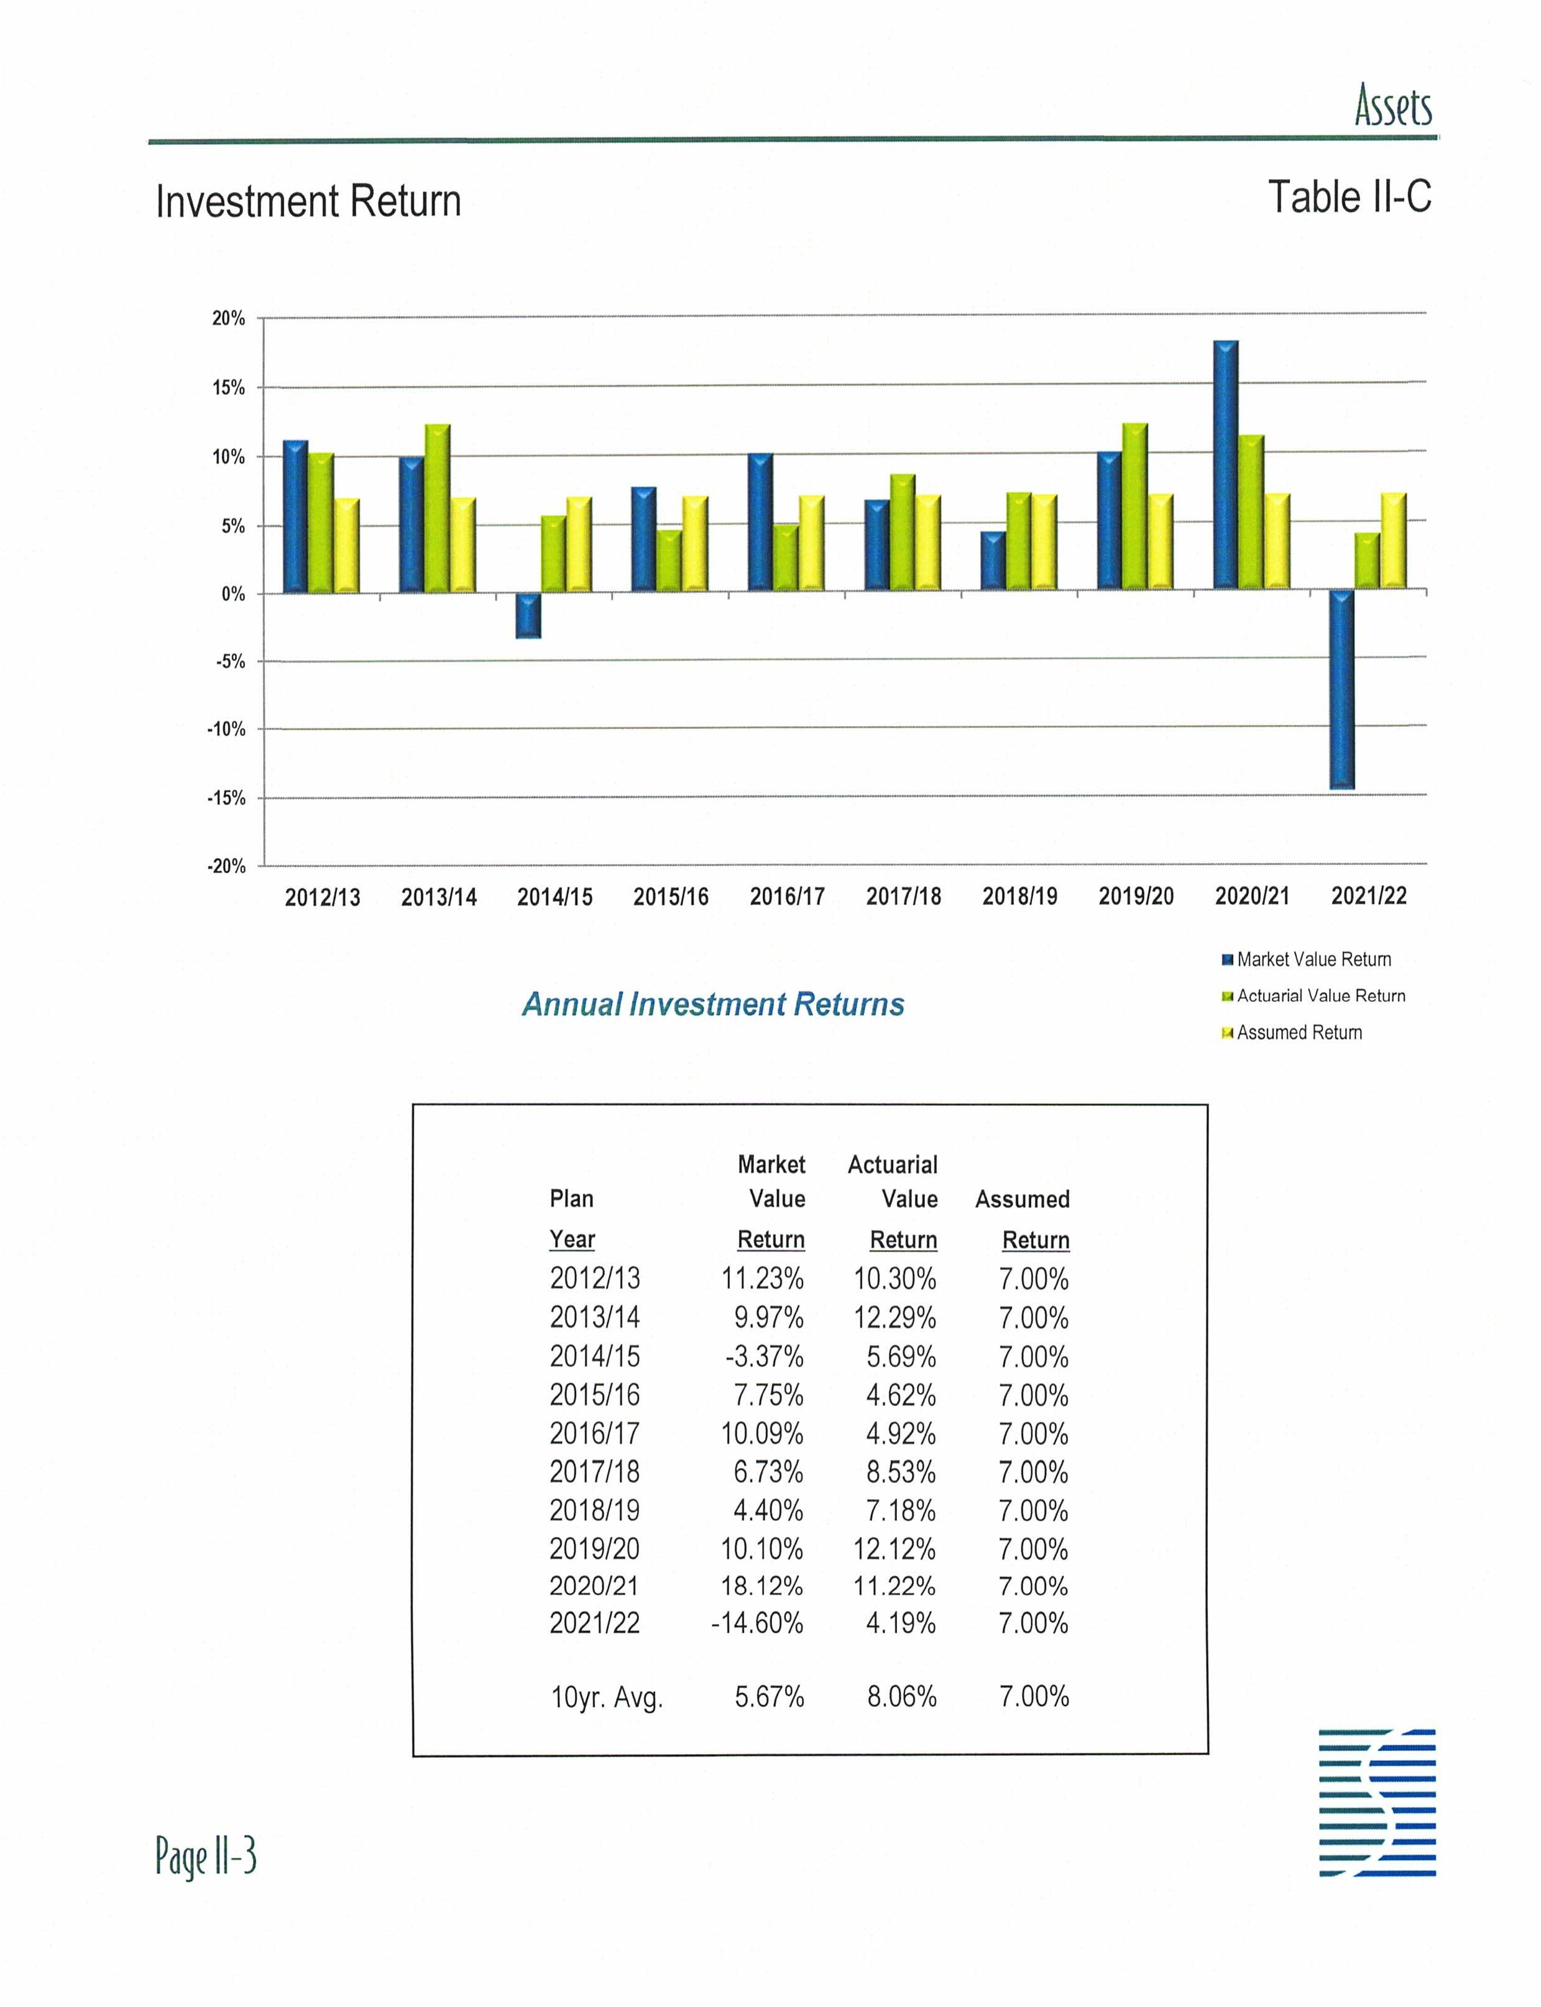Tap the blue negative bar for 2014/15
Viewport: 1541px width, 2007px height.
(527, 615)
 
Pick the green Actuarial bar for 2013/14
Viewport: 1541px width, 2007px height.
(438, 508)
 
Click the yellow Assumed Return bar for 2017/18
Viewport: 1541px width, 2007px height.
(927, 543)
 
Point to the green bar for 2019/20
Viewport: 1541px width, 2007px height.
(1134, 507)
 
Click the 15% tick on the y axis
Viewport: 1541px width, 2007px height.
(228, 388)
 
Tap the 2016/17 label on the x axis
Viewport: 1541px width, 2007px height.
(787, 896)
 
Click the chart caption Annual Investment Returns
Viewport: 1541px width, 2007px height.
(713, 1004)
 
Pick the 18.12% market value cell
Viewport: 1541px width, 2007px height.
(761, 1586)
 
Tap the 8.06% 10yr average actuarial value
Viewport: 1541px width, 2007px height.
(902, 1697)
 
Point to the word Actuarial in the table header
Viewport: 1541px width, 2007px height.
(893, 1165)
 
